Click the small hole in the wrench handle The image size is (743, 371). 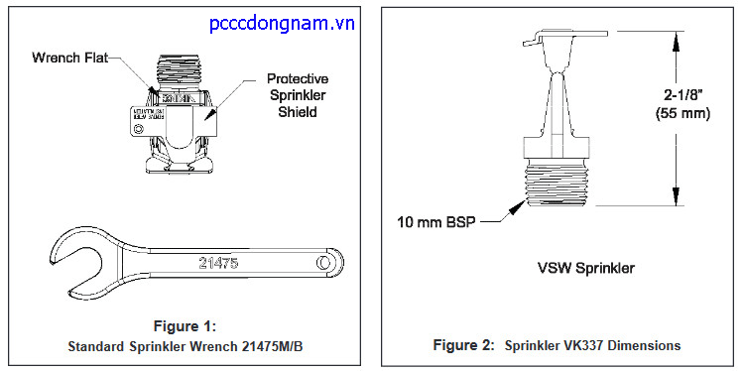click(x=324, y=262)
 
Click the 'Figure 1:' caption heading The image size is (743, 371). click(x=186, y=325)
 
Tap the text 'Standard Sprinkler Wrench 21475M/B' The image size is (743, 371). click(x=186, y=346)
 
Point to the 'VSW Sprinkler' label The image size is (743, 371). click(x=587, y=268)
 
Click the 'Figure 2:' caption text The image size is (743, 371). click(x=462, y=345)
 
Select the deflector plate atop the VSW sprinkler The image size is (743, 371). click(x=565, y=41)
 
